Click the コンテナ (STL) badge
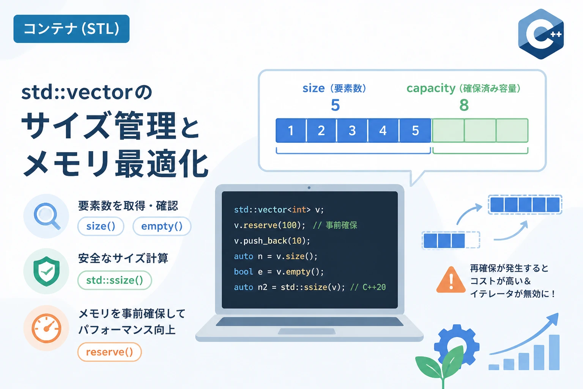pos(71,28)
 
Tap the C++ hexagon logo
pos(541,34)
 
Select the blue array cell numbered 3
pos(352,130)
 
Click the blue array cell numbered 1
pos(291,130)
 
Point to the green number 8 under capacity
pos(464,105)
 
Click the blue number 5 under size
pos(335,105)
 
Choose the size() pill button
pos(101,226)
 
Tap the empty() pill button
pos(162,226)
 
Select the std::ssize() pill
pos(115,280)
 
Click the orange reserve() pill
pos(110,352)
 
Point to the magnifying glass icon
pos(47,216)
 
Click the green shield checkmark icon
pos(46,271)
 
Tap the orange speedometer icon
pos(46,328)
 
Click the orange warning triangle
pos(451,280)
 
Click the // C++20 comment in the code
pos(368,287)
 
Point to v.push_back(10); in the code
pos(272,241)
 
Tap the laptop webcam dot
pos(309,188)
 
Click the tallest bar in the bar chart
pos(554,352)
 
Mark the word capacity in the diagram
pos(431,89)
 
